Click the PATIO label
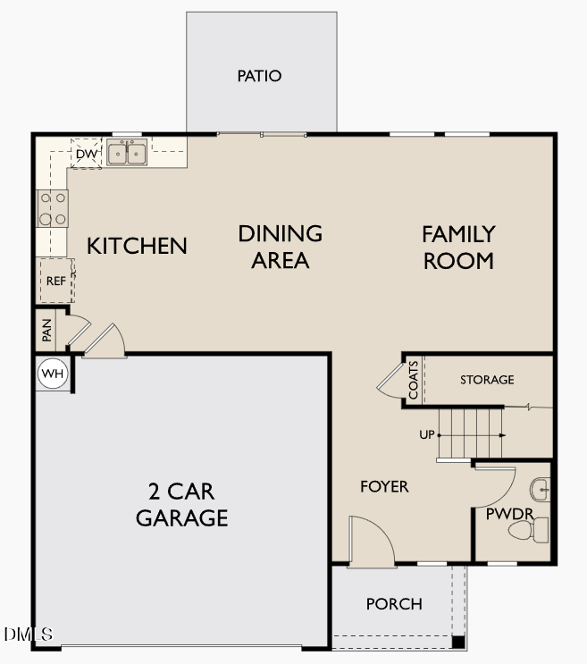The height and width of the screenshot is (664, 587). [x=259, y=76]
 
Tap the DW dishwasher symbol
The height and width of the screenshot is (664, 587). [x=86, y=155]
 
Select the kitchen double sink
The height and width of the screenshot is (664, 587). [x=127, y=154]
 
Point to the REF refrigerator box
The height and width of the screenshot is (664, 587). [x=55, y=281]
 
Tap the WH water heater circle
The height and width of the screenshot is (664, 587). [x=52, y=374]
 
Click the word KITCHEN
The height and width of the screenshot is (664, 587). [x=137, y=246]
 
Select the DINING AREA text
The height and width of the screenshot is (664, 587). [x=280, y=247]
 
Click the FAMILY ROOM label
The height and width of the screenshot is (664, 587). [x=458, y=248]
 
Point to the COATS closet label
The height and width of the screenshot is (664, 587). [x=414, y=381]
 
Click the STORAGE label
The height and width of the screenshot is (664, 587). [x=487, y=380]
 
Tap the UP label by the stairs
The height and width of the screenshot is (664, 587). [x=427, y=435]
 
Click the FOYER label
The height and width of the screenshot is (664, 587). [x=384, y=487]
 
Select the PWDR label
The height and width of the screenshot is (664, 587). [x=503, y=514]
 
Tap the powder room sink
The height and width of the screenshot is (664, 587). [x=540, y=490]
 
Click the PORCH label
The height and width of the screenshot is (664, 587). [x=394, y=604]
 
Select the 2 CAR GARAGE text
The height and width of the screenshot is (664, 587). [x=181, y=505]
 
